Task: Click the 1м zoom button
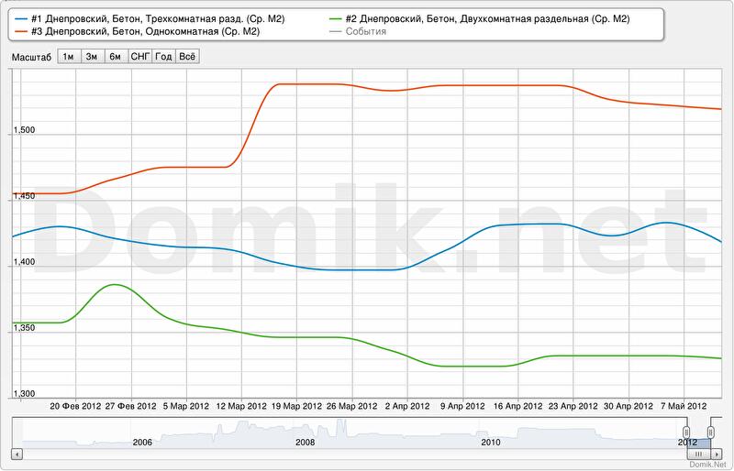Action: [69, 56]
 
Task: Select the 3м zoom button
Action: [92, 56]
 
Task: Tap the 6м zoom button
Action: [116, 56]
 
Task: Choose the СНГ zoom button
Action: [140, 56]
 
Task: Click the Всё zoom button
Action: [187, 56]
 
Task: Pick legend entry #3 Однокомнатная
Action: [139, 31]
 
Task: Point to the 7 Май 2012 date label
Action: [684, 406]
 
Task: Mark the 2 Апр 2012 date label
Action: [407, 406]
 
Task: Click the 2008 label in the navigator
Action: [306, 442]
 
